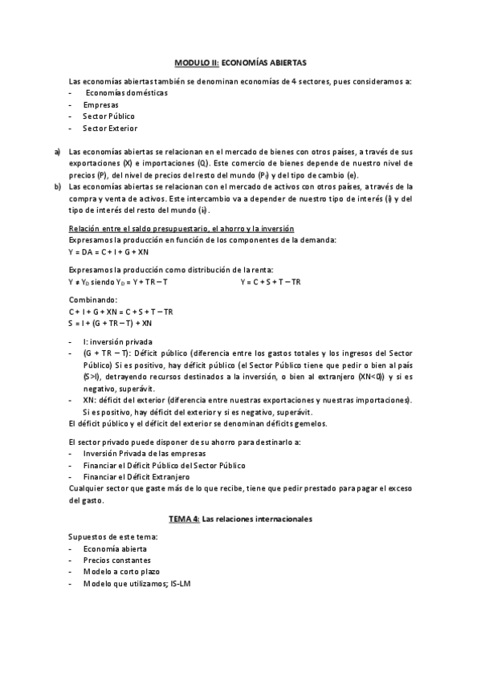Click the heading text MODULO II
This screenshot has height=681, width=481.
point(196,62)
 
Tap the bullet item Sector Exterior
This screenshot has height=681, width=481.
point(110,128)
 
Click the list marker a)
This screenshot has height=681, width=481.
point(58,151)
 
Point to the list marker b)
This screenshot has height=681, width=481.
point(58,186)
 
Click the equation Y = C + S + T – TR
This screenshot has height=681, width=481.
point(271,282)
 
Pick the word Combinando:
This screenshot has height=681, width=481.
point(92,300)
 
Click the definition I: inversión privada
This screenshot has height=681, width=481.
point(118,341)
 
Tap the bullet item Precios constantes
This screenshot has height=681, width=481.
point(116,560)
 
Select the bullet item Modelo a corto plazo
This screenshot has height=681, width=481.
point(120,572)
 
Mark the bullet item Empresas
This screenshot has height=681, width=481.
point(100,104)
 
